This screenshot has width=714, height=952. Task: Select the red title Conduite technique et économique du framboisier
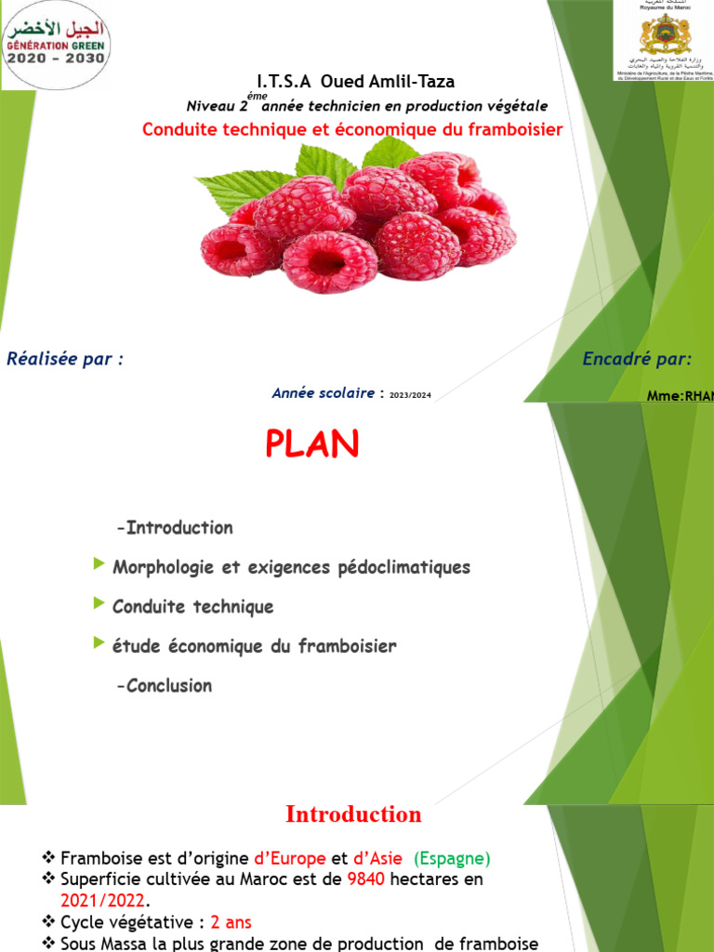352,129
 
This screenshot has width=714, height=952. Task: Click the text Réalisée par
65,359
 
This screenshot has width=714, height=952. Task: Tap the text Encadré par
637,359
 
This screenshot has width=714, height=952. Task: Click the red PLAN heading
311,445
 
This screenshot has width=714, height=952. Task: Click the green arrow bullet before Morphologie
99,564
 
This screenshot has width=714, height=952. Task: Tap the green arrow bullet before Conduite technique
99,604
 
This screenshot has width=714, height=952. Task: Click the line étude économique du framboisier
254,646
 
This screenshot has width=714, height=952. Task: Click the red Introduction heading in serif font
353,814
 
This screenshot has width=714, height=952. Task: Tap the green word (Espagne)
452,858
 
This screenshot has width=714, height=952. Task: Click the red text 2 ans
231,922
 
